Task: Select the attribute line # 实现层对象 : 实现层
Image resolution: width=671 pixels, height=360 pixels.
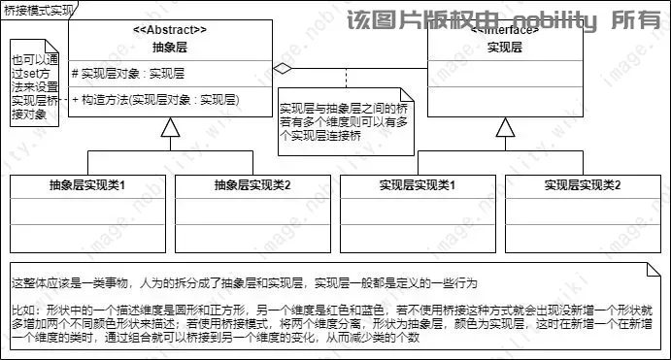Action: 128,73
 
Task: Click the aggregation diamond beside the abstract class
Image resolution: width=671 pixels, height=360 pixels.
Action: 282,69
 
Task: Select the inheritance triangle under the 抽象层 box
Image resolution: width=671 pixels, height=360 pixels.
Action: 170,127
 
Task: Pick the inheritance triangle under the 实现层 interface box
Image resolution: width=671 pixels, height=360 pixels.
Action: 502,127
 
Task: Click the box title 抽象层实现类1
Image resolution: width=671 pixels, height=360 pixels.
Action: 88,185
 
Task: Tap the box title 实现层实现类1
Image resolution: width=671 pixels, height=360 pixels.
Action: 419,185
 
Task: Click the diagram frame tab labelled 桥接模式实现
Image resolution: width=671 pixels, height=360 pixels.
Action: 35,8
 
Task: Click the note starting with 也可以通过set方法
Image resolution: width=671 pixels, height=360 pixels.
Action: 34,79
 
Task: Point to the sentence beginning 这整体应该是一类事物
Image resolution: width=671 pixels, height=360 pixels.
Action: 243,283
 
